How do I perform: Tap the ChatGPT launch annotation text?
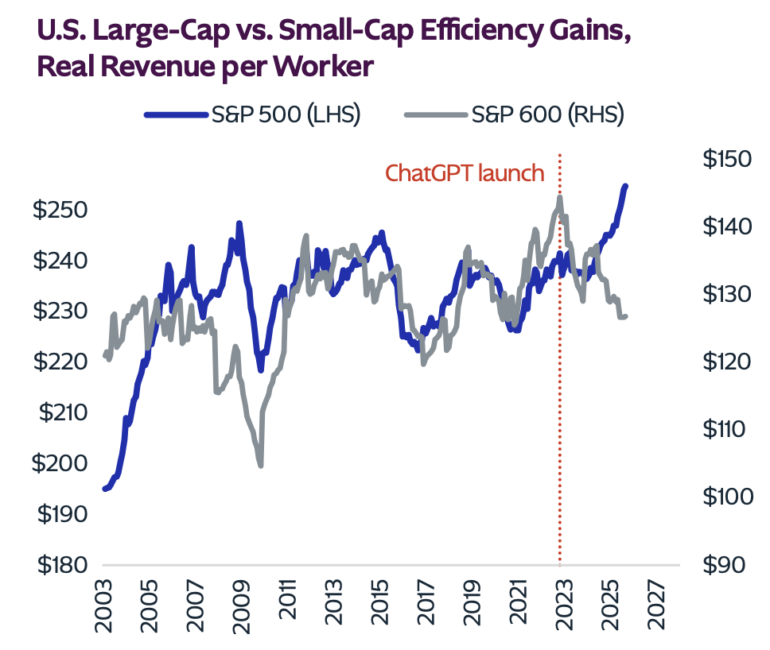465,173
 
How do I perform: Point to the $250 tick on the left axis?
58,210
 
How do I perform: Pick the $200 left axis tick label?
58,463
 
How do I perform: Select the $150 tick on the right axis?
726,159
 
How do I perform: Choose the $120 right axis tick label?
726,362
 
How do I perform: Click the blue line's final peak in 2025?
625,186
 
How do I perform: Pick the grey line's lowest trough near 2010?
260,465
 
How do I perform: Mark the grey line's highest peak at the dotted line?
560,198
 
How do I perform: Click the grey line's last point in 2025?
625,316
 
